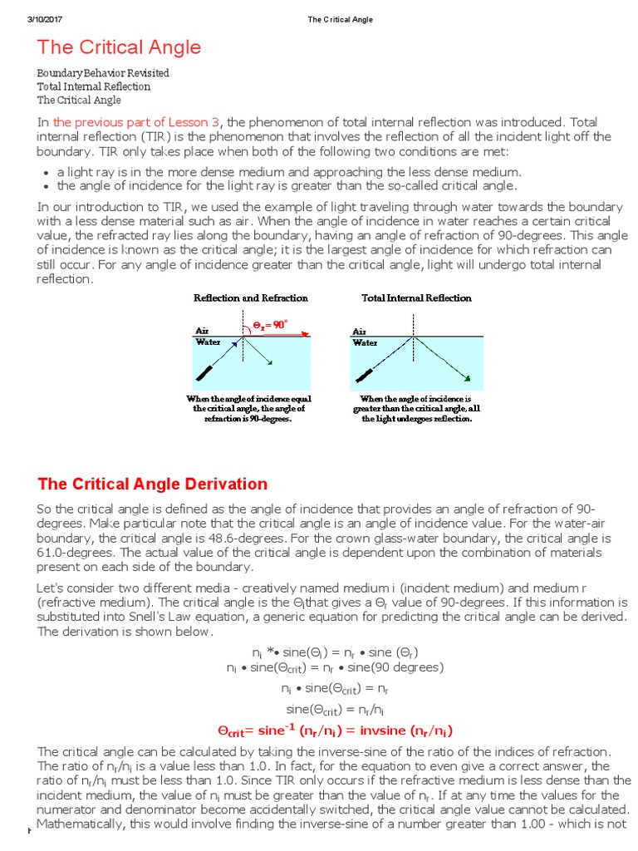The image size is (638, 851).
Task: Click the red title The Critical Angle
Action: pos(119,47)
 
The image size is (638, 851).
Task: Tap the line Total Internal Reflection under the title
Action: pos(94,86)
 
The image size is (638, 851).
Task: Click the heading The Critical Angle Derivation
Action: pos(153,484)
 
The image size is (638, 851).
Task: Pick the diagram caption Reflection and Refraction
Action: pos(251,298)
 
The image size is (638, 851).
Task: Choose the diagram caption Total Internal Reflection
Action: pos(416,298)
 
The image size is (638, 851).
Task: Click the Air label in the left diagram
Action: pos(202,330)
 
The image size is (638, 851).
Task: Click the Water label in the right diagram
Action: pos(365,342)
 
